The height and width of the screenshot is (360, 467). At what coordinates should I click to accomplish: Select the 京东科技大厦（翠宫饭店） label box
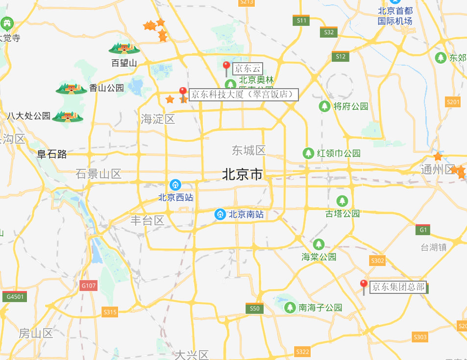click(244, 94)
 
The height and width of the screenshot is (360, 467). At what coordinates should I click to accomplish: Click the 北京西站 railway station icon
click(175, 185)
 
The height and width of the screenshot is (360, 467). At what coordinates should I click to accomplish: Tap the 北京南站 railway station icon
click(221, 214)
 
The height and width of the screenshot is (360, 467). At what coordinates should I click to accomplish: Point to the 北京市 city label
click(243, 174)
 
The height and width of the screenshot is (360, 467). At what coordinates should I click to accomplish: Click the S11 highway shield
click(301, 21)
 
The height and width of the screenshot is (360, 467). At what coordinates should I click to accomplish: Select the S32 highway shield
click(329, 32)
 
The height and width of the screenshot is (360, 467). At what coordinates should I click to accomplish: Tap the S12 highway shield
click(341, 56)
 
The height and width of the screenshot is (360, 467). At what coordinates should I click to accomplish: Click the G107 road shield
click(89, 286)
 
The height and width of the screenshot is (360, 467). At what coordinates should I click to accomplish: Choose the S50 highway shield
click(254, 308)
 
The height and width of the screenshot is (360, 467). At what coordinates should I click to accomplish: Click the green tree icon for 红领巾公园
click(308, 153)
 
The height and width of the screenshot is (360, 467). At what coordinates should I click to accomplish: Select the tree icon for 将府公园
click(324, 106)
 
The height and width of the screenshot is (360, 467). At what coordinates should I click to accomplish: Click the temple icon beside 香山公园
click(72, 88)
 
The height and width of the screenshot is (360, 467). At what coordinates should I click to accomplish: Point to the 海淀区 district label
click(157, 119)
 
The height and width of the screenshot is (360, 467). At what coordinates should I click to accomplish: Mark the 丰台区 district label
click(147, 220)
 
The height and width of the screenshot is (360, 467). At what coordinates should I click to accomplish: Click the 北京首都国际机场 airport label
click(395, 16)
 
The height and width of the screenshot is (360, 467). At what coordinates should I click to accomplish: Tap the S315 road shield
click(110, 312)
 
